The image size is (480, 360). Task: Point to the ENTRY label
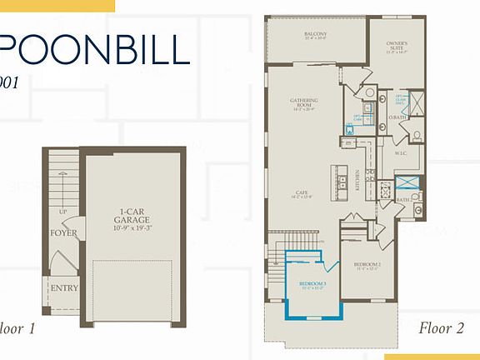(x=64, y=288)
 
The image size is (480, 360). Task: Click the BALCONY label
(x=315, y=34)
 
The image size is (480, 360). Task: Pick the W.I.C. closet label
(x=400, y=153)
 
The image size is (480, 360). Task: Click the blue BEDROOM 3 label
(x=312, y=284)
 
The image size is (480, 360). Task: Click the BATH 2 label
(x=402, y=200)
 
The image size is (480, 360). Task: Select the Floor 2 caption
(x=441, y=327)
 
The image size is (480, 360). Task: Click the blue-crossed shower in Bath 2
(x=407, y=183)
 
